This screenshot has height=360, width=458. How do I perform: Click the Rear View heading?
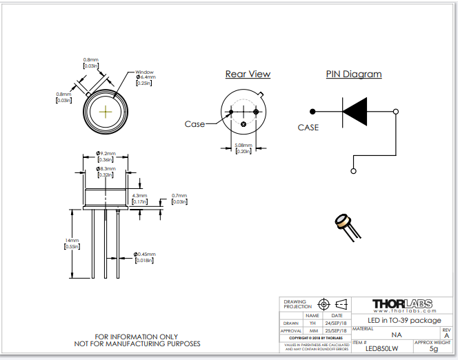[x=248, y=74]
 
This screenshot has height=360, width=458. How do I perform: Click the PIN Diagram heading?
[x=353, y=74]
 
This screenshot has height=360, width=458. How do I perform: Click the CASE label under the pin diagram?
[x=308, y=128]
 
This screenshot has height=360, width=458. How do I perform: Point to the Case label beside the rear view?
[x=195, y=124]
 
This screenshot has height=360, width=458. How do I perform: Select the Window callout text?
[x=144, y=72]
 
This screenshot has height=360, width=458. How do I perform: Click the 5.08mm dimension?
[x=243, y=146]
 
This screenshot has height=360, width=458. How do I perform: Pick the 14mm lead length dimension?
[x=72, y=241]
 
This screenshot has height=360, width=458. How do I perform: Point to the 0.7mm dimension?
[x=179, y=196]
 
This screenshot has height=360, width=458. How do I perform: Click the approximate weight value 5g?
[x=433, y=349]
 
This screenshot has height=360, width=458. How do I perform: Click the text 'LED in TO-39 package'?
[x=404, y=320]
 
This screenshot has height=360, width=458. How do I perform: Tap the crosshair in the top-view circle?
[x=106, y=111]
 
